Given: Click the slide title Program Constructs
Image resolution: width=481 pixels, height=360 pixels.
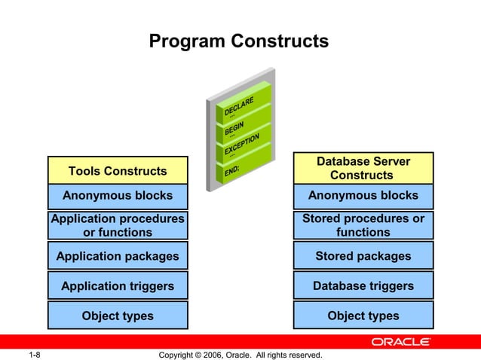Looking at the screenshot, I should (238, 41).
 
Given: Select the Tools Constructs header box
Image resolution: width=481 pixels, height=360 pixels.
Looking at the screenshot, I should (118, 171).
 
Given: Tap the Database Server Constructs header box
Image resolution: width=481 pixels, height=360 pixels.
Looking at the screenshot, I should (363, 168).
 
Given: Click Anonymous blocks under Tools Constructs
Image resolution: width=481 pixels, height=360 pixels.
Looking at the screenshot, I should (118, 196).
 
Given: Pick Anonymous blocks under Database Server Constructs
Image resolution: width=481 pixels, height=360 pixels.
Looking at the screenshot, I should (363, 196).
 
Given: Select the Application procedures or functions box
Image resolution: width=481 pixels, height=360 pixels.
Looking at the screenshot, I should (118, 225).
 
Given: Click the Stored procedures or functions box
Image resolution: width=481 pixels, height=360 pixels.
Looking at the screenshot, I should (363, 225).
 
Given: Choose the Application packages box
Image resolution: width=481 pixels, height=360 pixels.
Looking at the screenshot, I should (118, 256).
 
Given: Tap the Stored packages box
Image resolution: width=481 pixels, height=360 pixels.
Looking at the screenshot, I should (363, 256).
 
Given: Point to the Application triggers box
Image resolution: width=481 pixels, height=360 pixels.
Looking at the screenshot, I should (118, 286).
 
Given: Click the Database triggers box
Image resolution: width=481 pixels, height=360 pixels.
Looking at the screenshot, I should (363, 286).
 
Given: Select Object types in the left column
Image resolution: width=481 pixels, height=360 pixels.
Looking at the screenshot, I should (118, 316).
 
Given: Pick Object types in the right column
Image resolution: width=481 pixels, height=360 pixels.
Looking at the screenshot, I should (363, 316).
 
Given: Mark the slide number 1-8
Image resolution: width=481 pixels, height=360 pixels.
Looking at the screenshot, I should (34, 355).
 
